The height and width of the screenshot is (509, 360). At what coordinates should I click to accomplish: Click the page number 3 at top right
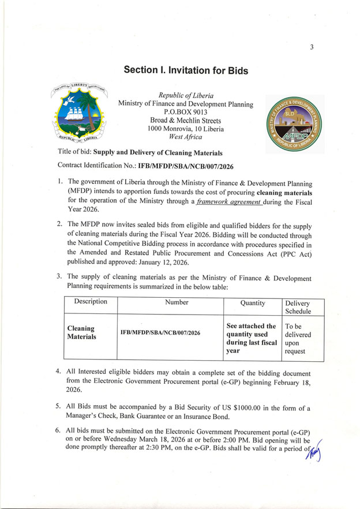coord(311,48)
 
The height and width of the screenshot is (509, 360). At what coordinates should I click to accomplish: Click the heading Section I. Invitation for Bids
coord(186,70)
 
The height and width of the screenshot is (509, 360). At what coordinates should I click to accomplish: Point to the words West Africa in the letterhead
coord(185,137)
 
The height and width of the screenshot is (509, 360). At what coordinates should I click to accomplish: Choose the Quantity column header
coord(252,302)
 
